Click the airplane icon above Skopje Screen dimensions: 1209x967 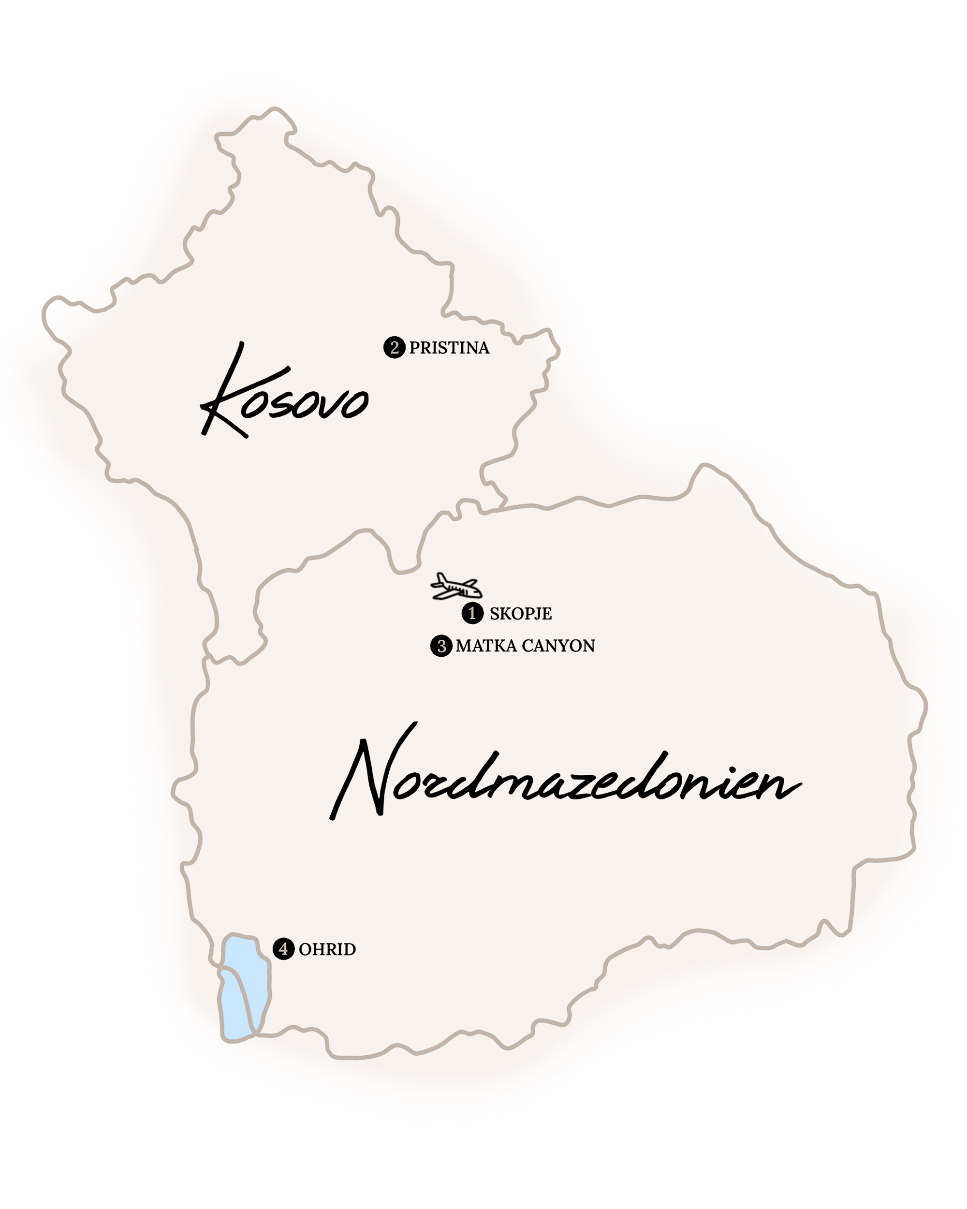point(456,587)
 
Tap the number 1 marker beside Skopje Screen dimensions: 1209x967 point(472,613)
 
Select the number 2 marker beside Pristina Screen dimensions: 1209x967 point(394,347)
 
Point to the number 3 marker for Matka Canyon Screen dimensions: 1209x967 point(441,646)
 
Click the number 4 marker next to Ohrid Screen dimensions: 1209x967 point(283,949)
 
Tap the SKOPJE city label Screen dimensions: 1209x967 point(520,614)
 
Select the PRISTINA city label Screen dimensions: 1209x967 point(449,348)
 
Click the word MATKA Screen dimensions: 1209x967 point(485,646)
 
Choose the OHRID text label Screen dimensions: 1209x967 point(327,949)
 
